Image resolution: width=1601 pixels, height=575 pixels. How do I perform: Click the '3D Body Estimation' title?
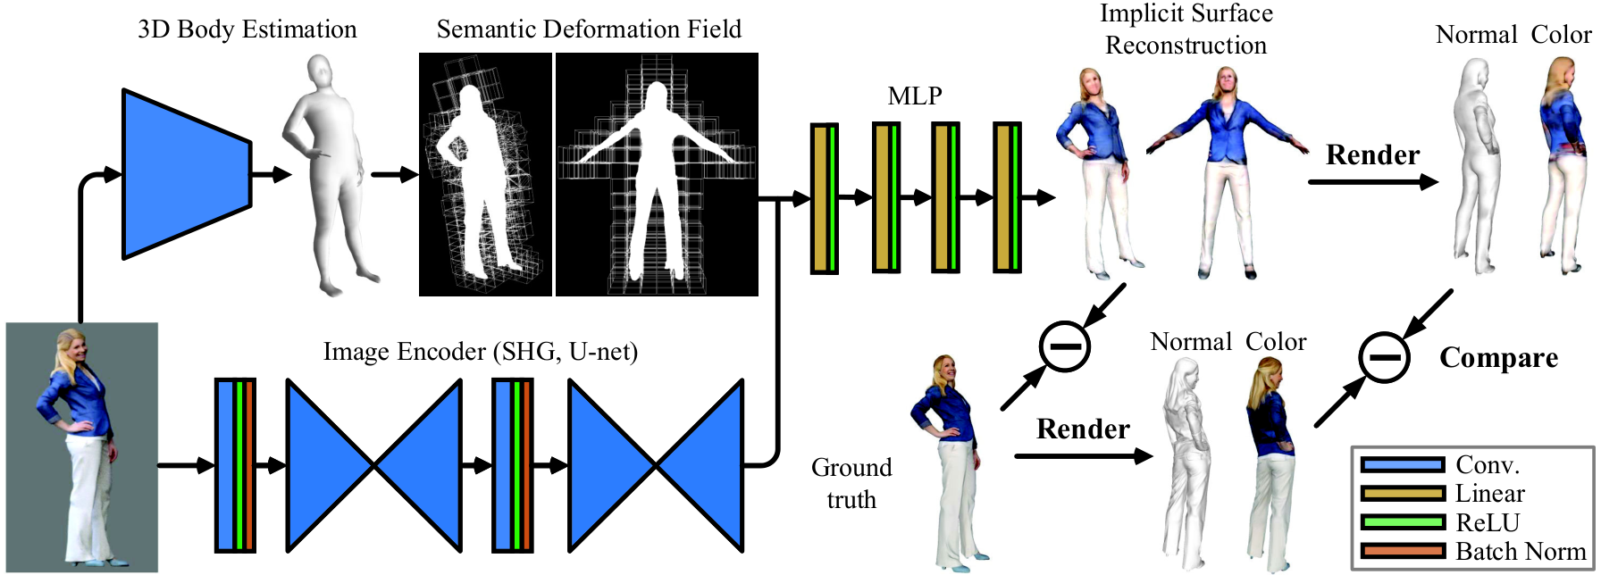(x=247, y=29)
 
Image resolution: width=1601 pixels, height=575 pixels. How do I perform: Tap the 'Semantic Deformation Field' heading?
(x=589, y=29)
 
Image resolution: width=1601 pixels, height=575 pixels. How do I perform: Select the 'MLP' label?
(x=915, y=96)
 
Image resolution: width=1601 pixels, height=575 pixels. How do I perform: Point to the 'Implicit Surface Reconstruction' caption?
(x=1186, y=29)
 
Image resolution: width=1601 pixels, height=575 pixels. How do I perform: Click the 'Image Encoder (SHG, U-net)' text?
(x=481, y=352)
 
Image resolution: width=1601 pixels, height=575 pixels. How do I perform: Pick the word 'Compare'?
(x=1498, y=358)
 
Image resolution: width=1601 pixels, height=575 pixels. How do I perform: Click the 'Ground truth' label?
(x=851, y=483)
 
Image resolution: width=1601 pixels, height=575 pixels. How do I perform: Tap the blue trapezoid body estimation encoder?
(x=187, y=174)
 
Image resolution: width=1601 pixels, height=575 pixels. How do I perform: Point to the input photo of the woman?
(x=82, y=447)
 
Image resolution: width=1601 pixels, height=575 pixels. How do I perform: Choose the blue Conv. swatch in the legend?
(x=1402, y=464)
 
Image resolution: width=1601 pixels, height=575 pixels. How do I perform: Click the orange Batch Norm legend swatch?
(x=1402, y=551)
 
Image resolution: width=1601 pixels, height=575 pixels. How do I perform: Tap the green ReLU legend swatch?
(x=1402, y=522)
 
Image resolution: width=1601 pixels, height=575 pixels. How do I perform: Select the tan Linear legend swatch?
(x=1402, y=493)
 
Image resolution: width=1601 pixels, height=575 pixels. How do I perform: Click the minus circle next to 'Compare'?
(x=1384, y=357)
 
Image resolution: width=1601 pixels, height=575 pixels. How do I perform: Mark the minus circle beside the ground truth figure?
(x=1065, y=346)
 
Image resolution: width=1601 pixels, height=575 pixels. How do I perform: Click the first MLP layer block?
(x=824, y=198)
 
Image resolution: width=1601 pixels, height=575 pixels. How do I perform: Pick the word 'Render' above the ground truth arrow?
(x=1083, y=429)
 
